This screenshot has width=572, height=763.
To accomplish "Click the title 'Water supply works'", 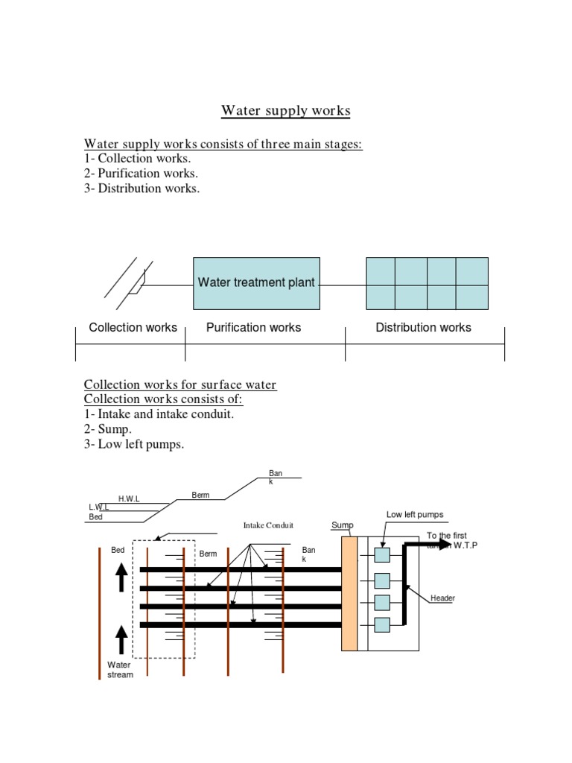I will (x=285, y=111).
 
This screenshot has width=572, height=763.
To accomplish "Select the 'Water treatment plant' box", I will (x=255, y=283).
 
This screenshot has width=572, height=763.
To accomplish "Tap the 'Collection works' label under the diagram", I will (x=133, y=327).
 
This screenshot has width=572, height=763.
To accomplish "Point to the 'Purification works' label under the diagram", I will (x=253, y=327).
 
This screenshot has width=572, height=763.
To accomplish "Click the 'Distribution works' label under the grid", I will (x=423, y=327).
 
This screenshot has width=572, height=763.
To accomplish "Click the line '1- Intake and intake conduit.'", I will (x=159, y=414).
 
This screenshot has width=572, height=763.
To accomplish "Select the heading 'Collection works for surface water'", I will (x=179, y=384).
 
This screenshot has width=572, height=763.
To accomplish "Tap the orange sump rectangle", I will (x=349, y=593).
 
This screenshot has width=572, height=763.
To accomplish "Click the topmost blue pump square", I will (x=382, y=555).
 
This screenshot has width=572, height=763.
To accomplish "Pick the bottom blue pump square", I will (x=382, y=624).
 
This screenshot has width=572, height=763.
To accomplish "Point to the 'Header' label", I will (x=442, y=598).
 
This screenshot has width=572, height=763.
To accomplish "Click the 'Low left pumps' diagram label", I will (x=414, y=514).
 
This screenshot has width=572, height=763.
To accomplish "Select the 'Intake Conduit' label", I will (x=264, y=525).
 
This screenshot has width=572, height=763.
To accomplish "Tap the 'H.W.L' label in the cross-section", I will (x=129, y=498).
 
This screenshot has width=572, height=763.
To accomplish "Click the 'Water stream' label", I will (x=120, y=670).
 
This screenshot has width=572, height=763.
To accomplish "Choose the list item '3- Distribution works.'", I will (x=142, y=188).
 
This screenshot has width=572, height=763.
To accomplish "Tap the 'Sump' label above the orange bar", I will (x=342, y=525).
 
